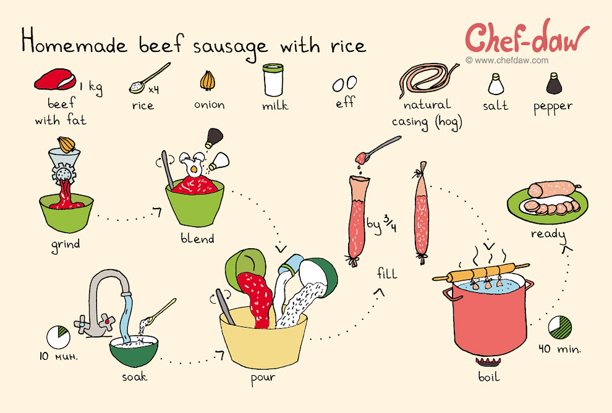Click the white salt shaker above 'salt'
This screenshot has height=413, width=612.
coord(495,83)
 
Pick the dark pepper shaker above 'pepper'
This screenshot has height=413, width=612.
coord(554,83)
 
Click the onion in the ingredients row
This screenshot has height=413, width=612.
coord(206,81)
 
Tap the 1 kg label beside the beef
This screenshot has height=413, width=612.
coord(90,86)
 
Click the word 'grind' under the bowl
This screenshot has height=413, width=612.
coord(66,244)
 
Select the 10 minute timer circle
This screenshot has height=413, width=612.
coord(59,336)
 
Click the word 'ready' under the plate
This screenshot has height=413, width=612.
coord(548,234)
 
